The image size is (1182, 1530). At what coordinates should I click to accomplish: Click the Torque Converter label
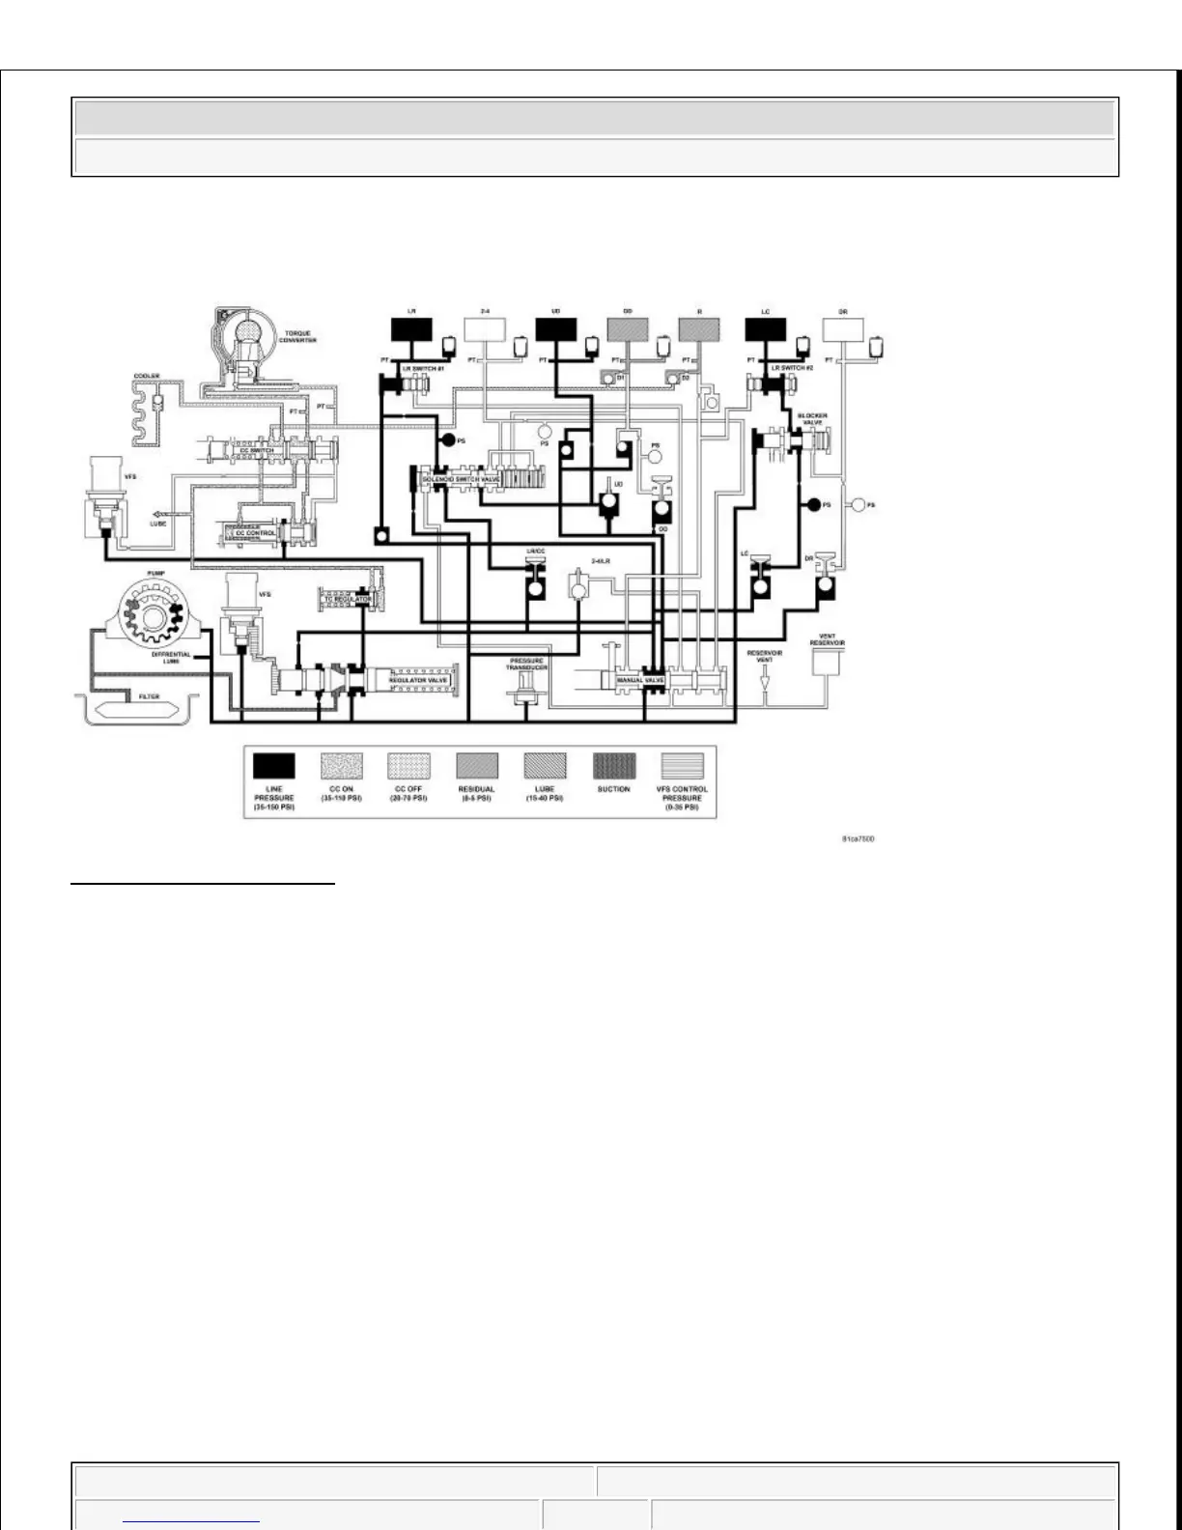pos(297,337)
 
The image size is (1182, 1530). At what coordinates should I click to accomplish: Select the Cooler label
pos(146,376)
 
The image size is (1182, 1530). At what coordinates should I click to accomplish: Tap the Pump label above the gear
pos(155,573)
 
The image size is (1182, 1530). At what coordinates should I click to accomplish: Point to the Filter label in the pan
pos(148,696)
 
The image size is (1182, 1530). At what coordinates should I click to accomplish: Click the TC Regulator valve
pos(346,600)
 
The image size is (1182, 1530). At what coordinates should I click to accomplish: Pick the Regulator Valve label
pos(418,680)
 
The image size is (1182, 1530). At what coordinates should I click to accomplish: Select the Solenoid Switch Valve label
pos(461,479)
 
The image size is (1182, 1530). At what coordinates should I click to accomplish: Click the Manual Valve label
pos(640,680)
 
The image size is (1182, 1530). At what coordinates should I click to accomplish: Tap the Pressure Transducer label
pos(527,665)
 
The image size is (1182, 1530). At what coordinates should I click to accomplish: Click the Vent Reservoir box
pos(827,662)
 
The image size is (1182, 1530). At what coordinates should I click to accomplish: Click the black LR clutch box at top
pos(411,330)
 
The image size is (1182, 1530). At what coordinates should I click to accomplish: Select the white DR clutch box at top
pos(843,330)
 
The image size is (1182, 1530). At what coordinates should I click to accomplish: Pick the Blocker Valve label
pos(812,419)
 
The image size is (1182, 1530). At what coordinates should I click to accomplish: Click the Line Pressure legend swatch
pos(273,766)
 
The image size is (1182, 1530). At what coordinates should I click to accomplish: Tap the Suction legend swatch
pos(614,766)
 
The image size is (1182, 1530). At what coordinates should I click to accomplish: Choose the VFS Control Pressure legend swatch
pos(682,766)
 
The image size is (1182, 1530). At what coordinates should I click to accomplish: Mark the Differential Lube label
pos(171,658)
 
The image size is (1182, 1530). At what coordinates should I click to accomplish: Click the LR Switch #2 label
pos(789,369)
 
